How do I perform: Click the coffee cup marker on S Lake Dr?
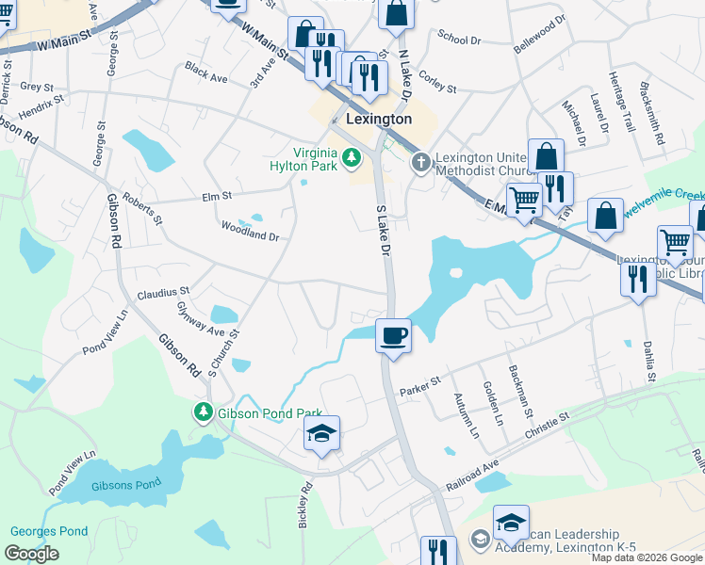click(393, 335)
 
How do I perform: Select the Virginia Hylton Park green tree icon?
click(352, 157)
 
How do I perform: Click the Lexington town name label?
click(379, 120)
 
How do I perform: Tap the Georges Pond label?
click(45, 531)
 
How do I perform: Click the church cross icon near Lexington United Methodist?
click(420, 163)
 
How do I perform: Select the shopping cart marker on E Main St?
click(524, 199)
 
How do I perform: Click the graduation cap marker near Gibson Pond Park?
click(321, 434)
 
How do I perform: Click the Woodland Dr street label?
click(249, 232)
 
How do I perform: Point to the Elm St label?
click(217, 196)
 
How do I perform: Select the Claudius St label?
click(163, 293)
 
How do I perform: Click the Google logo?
click(31, 554)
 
